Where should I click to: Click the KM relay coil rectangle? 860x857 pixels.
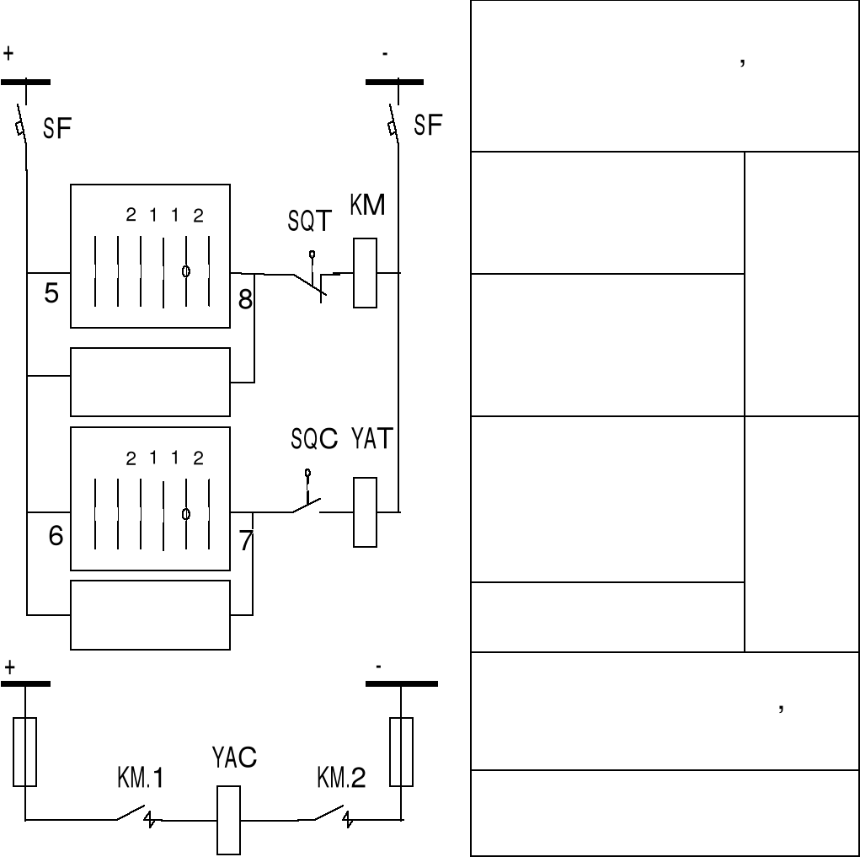pos(365,273)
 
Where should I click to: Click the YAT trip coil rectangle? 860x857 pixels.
pos(365,512)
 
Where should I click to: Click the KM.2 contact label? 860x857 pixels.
pos(341,779)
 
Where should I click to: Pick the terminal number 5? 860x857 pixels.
pos(51,295)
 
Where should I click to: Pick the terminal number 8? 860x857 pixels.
pos(245,299)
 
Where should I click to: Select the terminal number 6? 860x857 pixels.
pos(55,536)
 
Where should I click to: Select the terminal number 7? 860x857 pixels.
pos(245,540)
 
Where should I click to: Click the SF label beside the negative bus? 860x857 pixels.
pos(429,126)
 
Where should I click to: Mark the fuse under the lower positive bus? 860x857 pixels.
pos(25,752)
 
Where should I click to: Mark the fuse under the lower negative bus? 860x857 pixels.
pos(402,752)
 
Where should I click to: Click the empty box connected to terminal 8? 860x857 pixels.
pos(150,382)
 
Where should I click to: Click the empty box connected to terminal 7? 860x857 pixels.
pos(150,614)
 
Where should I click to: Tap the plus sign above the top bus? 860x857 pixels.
pos(8,52)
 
